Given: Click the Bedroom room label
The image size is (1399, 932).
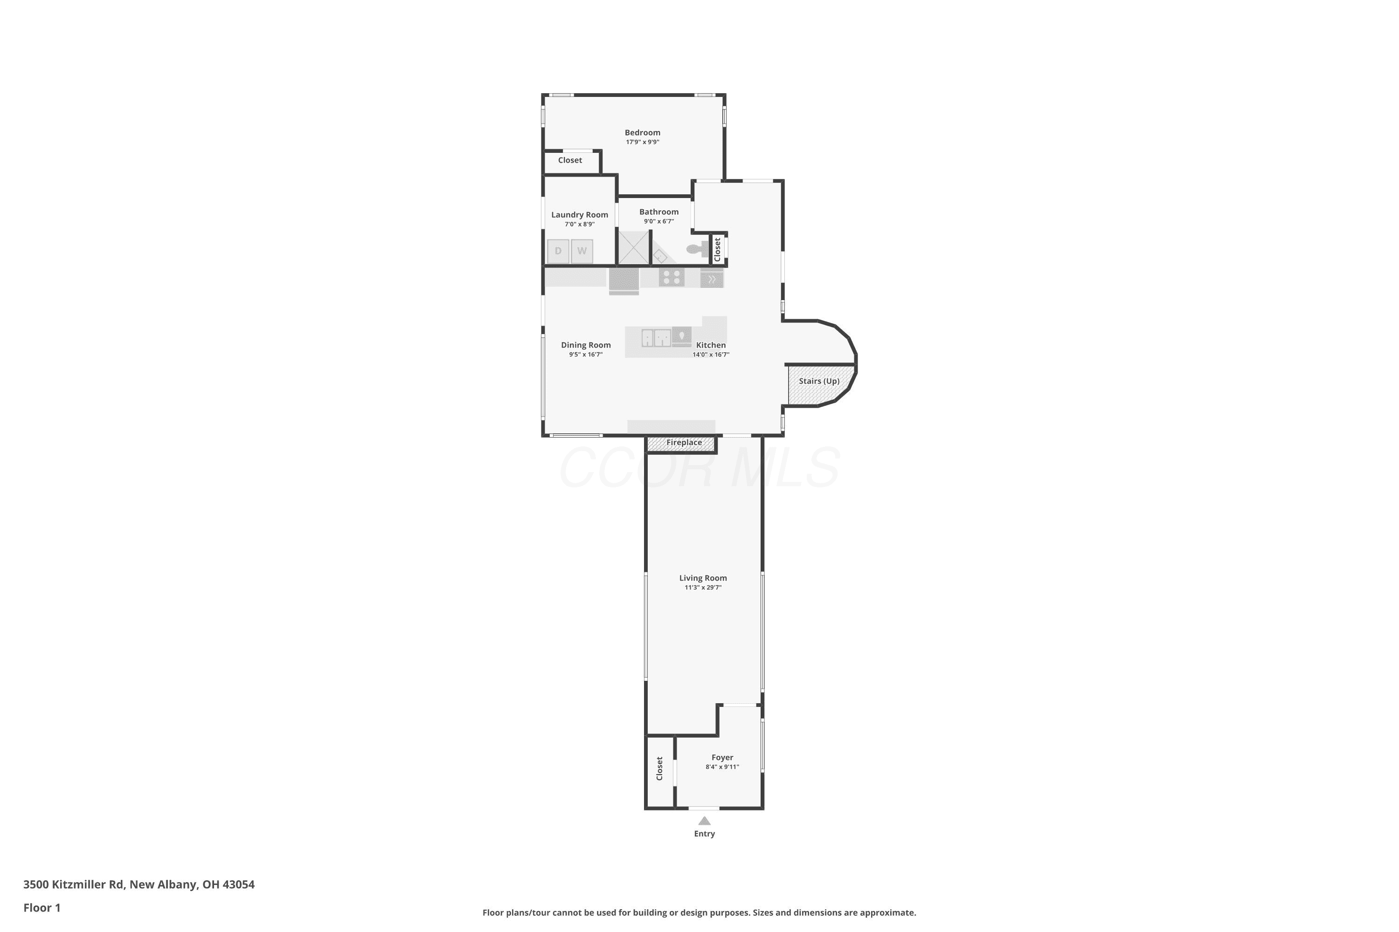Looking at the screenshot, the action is click(643, 132).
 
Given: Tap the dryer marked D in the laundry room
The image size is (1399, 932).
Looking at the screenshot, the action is click(558, 251).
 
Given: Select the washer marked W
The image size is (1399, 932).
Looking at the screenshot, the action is click(582, 251).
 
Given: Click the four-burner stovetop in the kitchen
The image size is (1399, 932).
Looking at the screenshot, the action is click(672, 277).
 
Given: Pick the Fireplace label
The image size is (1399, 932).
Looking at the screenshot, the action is click(684, 442).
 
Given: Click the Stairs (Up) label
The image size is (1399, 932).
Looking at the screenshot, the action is click(819, 381).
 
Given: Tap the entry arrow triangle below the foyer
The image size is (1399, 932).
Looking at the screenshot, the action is click(704, 821).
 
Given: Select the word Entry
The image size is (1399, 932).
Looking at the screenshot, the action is click(704, 834).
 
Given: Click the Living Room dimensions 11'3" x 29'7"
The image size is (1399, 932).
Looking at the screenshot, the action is click(703, 587).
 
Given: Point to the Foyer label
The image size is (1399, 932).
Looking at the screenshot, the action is click(722, 757).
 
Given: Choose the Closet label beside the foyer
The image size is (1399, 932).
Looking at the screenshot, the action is click(659, 768).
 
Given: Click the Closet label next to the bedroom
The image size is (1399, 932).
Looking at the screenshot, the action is click(570, 160).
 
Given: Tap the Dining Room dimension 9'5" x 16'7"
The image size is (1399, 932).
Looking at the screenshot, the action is click(586, 354).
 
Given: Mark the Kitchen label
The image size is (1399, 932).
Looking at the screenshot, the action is click(711, 345).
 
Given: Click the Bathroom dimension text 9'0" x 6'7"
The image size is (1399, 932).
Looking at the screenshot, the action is click(659, 221).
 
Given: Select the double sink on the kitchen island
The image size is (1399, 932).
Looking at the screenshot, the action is click(656, 337).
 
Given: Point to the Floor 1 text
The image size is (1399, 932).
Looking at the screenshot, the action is click(42, 908).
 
